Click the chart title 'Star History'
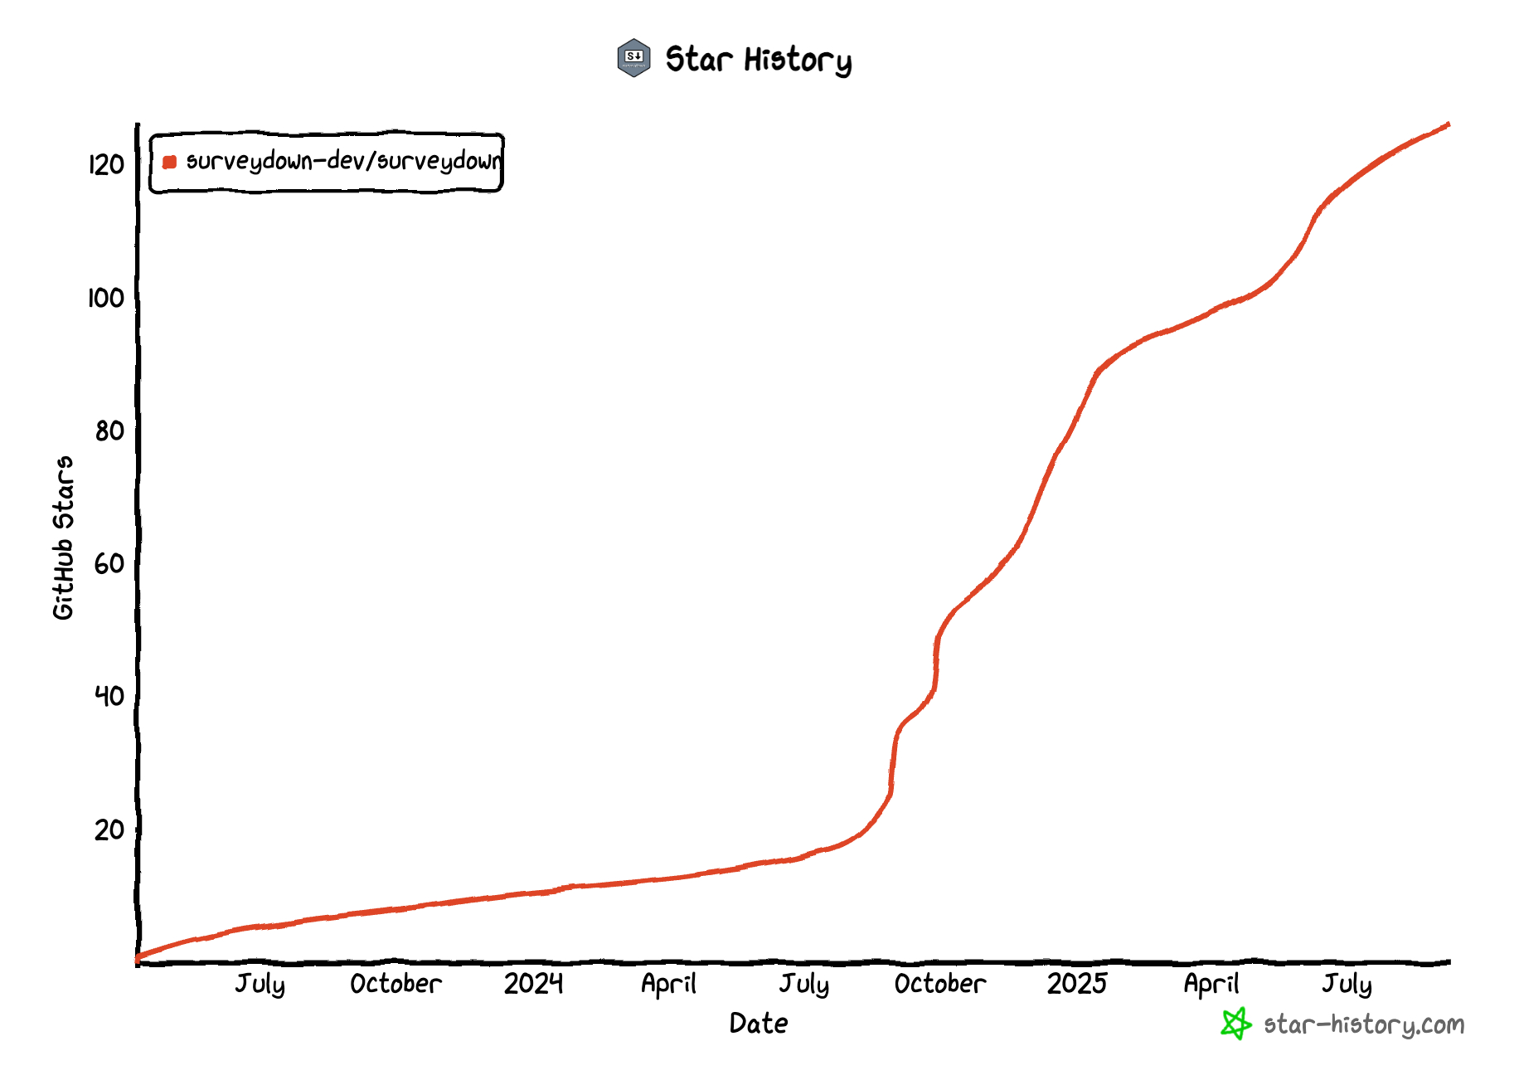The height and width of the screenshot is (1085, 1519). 758,60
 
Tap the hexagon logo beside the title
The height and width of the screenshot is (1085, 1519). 634,58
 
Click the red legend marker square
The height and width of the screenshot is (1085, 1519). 170,162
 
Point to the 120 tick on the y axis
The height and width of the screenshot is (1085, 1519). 107,165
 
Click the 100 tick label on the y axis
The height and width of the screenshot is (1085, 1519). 106,298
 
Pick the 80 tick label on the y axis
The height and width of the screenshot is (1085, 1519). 109,431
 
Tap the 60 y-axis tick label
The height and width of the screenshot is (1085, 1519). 109,564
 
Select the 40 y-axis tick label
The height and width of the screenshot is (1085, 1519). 109,696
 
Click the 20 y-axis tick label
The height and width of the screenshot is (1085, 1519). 109,830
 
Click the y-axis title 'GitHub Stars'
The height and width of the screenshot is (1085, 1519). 64,538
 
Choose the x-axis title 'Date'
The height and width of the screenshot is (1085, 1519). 759,1024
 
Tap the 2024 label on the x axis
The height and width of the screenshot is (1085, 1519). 533,984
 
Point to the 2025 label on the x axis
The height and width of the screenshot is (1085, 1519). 1076,984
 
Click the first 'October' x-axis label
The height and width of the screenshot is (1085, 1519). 396,984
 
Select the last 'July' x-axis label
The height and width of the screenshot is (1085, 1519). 1347,984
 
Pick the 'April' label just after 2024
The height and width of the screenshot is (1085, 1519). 668,984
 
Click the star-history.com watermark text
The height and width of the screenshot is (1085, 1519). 1364,1025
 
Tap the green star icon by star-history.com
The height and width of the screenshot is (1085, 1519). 1235,1024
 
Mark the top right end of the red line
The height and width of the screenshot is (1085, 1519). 1448,124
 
